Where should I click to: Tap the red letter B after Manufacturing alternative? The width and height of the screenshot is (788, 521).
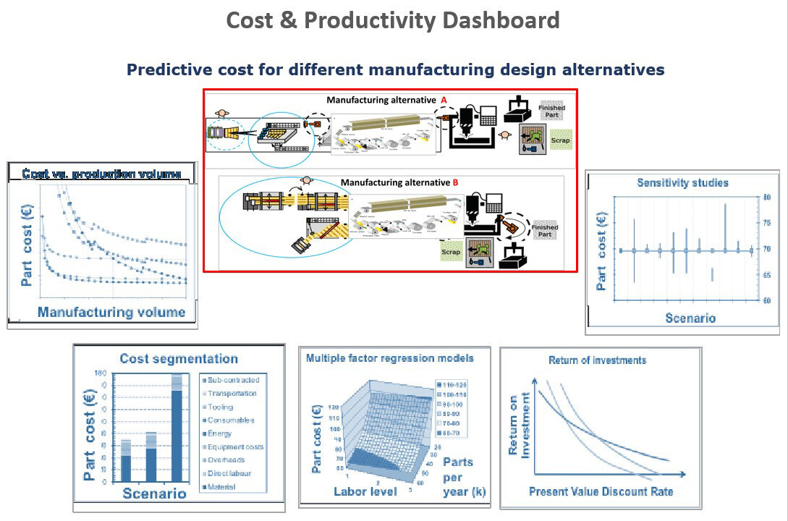coord(455,182)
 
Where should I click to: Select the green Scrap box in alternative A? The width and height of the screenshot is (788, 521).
coord(560,140)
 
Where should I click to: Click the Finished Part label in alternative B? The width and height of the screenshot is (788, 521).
coord(544,232)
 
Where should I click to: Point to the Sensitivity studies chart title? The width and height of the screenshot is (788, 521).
coord(682,183)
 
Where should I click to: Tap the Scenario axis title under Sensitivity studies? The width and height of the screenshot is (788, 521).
coord(690,318)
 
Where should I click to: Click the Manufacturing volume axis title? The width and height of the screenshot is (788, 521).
coord(111,313)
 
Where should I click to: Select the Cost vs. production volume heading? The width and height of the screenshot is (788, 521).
coord(101,174)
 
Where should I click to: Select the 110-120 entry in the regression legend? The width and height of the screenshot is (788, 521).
coord(457,384)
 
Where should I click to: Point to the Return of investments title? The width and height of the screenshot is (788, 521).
coord(597,360)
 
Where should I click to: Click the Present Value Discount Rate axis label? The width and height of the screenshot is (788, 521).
coord(601,492)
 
